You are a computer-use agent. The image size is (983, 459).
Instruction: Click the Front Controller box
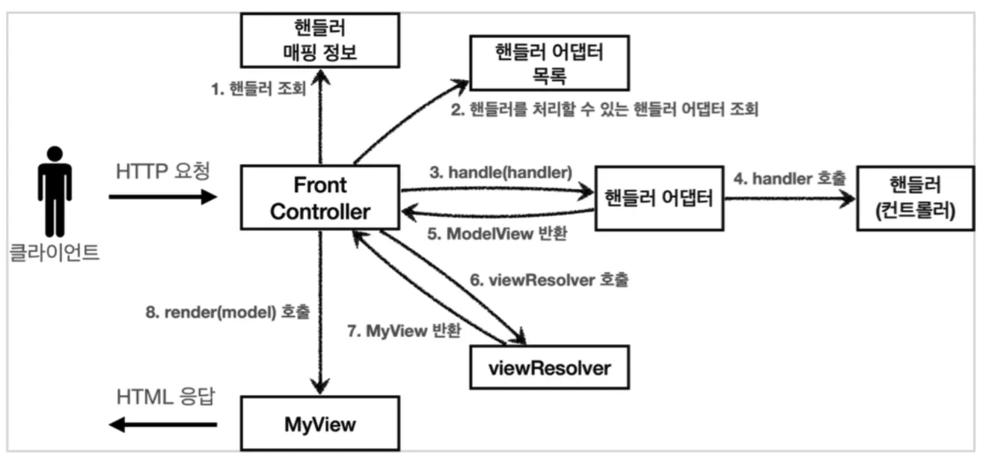click(x=320, y=197)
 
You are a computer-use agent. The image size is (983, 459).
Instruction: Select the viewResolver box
click(x=549, y=367)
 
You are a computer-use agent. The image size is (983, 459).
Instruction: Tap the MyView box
click(x=320, y=423)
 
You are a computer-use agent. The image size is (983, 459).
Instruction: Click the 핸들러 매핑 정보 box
click(x=320, y=40)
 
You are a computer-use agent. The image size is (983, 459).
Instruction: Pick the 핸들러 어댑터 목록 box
click(x=549, y=63)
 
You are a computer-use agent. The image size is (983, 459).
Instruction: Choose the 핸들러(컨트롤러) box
click(x=916, y=198)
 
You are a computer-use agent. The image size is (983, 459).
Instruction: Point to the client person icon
click(x=55, y=191)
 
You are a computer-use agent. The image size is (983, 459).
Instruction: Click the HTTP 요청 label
click(x=163, y=171)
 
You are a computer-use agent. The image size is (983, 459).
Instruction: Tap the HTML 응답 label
click(x=166, y=397)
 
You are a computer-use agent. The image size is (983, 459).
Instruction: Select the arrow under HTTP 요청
click(x=163, y=197)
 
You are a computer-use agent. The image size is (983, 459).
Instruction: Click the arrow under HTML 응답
click(x=163, y=425)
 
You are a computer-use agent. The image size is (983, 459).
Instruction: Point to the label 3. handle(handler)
click(x=500, y=172)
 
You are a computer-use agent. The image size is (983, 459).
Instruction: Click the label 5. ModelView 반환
click(x=497, y=234)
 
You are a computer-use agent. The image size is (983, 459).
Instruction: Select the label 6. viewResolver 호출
click(x=549, y=280)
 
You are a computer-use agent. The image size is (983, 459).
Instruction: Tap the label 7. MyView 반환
click(x=404, y=330)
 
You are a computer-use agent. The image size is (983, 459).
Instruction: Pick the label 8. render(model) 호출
click(x=227, y=312)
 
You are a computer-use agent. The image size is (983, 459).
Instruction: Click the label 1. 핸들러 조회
click(x=259, y=88)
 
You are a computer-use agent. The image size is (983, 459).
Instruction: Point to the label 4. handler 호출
click(x=789, y=179)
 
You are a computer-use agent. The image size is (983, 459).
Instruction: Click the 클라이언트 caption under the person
click(x=55, y=252)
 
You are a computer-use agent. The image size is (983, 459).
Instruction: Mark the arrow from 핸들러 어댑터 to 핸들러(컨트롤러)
click(x=790, y=199)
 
